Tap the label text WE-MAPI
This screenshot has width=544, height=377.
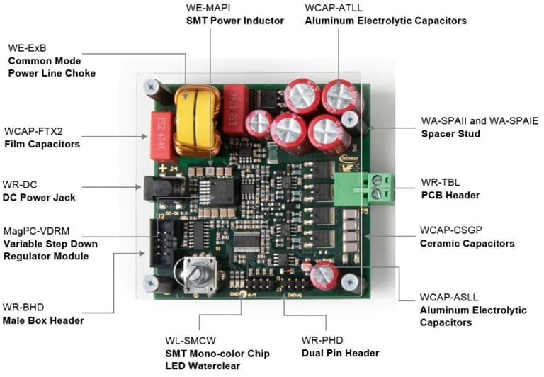coord(208,7)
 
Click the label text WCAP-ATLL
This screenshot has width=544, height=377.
coord(333,7)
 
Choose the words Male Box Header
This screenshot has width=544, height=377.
coord(44,320)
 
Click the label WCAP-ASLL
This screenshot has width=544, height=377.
coord(444,297)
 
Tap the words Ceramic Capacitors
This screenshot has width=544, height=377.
coord(465,243)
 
